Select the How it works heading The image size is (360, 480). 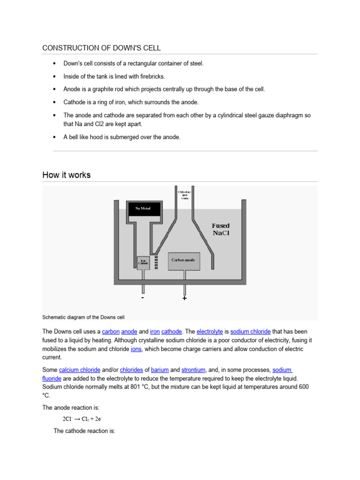(x=66, y=175)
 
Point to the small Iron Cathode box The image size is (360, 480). (x=144, y=263)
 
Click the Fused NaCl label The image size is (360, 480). (x=220, y=229)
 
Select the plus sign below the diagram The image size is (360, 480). (x=185, y=298)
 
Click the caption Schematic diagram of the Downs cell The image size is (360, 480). (x=83, y=316)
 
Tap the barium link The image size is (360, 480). (x=160, y=369)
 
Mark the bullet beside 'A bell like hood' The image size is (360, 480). (x=55, y=137)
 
